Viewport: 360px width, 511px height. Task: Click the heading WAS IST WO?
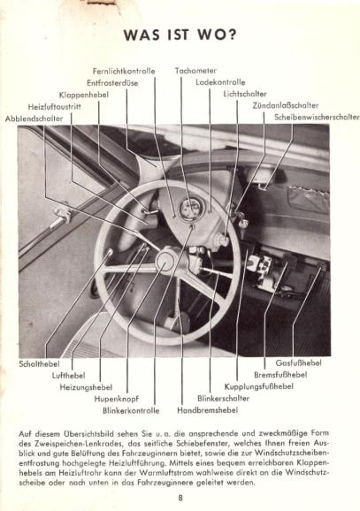click(180, 34)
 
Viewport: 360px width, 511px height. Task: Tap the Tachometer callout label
click(195, 71)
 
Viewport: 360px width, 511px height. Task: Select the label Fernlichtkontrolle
click(124, 71)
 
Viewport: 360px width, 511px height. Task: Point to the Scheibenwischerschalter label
click(317, 117)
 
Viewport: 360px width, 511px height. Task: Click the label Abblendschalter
click(34, 118)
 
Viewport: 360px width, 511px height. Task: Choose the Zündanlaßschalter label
click(286, 105)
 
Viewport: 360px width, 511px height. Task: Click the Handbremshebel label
click(207, 410)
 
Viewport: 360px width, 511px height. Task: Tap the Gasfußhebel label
click(298, 362)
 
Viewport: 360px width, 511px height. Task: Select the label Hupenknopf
click(117, 399)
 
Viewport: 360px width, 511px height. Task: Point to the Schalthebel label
click(39, 363)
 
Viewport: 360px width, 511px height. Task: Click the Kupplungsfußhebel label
click(258, 386)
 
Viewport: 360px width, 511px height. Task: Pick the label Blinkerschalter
click(223, 398)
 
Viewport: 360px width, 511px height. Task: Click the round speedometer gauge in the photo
click(191, 210)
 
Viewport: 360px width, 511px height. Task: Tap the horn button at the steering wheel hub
click(166, 261)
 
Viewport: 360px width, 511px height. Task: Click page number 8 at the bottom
click(180, 498)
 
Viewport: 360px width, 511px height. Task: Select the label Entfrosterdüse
click(112, 83)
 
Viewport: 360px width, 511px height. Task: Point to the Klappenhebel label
click(84, 95)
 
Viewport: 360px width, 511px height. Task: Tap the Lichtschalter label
click(245, 94)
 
